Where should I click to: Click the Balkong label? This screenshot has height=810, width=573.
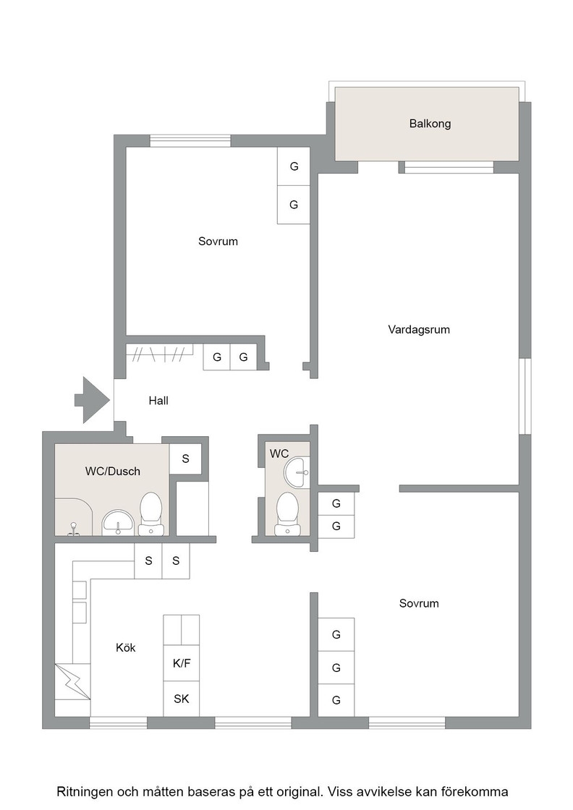[430, 124]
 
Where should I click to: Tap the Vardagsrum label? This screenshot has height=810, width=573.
[419, 330]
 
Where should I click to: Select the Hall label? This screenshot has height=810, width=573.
[158, 401]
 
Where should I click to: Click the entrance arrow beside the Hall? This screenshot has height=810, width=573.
[93, 401]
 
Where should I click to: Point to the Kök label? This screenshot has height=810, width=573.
[126, 647]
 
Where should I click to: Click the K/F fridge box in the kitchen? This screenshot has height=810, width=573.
[182, 663]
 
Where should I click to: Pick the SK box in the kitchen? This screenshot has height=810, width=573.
[182, 699]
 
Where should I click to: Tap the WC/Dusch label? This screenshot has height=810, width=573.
[113, 471]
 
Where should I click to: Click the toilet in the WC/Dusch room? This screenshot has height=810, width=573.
[151, 513]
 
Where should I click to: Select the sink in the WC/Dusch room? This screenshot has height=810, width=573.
[119, 523]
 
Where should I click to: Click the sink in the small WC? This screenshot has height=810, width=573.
[296, 472]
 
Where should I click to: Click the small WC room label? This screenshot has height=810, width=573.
[279, 453]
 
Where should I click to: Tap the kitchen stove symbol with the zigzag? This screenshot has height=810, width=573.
[73, 681]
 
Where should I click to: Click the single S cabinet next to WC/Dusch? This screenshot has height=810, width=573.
[185, 459]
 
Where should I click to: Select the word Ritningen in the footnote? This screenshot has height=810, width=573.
[85, 792]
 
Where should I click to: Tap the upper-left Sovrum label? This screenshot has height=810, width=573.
[218, 242]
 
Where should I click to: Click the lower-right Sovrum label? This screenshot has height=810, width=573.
[419, 603]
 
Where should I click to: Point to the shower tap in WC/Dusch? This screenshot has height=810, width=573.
[74, 529]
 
